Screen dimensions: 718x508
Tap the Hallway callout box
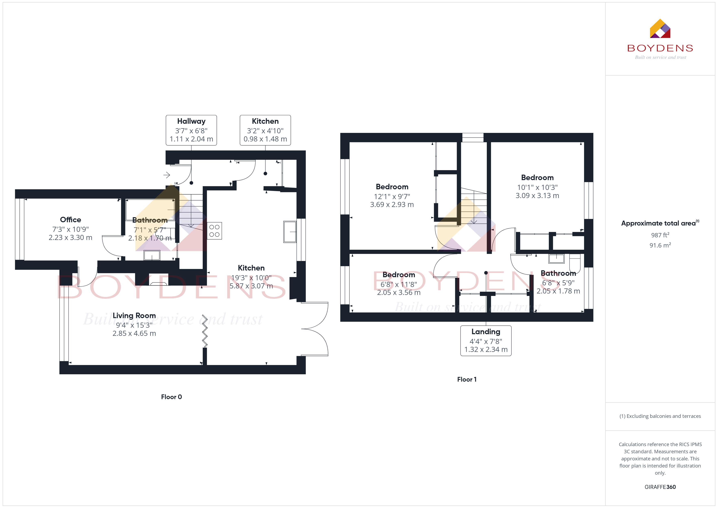click(191, 130)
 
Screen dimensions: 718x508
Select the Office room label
click(70, 220)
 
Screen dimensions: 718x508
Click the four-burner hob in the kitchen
click(214, 231)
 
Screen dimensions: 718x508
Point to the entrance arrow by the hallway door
click(167, 175)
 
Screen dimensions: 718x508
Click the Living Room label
click(134, 316)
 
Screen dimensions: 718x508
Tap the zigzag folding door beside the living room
click(205, 331)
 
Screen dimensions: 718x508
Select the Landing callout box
click(486, 341)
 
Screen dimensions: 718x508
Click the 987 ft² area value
click(660, 235)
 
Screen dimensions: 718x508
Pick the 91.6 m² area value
click(660, 245)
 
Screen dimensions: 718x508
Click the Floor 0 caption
click(171, 397)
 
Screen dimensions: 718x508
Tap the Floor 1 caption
click(467, 379)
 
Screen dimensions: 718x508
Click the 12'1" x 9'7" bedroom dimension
click(392, 196)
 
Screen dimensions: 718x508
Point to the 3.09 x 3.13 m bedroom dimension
click(537, 196)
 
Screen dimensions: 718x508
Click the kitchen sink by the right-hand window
click(290, 232)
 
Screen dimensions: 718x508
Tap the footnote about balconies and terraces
click(660, 416)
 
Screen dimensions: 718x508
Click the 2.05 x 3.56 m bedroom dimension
click(399, 292)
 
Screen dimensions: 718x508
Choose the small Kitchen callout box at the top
click(265, 130)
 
